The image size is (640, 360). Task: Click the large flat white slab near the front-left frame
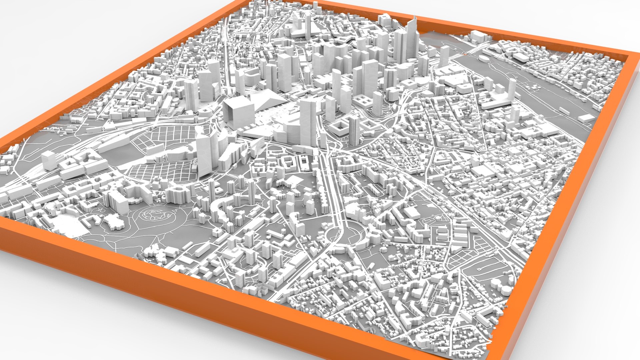68,225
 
